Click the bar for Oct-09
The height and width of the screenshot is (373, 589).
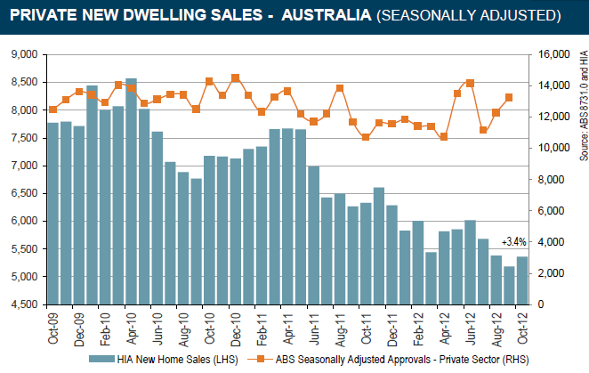(53, 214)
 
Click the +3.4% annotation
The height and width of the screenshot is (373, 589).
(514, 242)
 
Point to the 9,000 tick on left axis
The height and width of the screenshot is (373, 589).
(22, 54)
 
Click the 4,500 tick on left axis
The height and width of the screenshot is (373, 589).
(22, 304)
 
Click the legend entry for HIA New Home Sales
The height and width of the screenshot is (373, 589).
(161, 359)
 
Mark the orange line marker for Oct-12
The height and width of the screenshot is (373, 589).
(510, 97)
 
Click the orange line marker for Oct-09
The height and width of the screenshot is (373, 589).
(53, 109)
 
